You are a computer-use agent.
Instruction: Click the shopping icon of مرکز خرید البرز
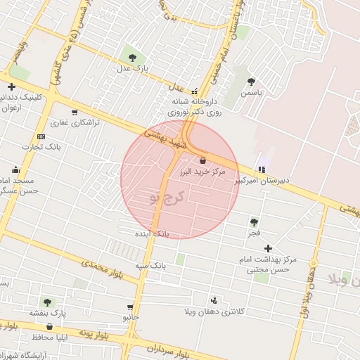point(202,160)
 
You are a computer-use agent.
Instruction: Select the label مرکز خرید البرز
point(202,172)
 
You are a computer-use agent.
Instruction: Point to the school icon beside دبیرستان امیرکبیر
point(262,169)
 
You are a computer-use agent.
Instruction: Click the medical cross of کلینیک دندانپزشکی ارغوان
point(12,86)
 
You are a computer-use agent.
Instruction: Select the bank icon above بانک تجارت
point(41,136)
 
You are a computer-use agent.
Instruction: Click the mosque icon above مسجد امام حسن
point(15,169)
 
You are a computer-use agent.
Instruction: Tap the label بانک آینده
point(153,232)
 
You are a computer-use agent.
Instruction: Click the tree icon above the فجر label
point(253,221)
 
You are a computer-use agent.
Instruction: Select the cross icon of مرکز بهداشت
point(268,248)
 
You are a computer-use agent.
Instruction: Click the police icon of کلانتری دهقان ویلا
point(214,300)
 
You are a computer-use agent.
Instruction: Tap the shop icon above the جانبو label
point(130,307)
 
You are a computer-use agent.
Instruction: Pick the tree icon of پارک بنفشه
point(47,302)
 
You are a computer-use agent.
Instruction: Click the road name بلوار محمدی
point(101,268)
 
